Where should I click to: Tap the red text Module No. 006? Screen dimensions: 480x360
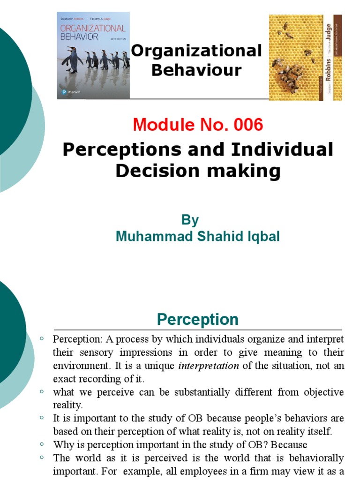pos(197,125)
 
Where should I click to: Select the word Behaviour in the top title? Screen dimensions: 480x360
pos(197,70)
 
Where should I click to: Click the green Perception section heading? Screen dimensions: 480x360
pos(197,320)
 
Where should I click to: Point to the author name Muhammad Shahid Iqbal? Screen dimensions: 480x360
pos(197,237)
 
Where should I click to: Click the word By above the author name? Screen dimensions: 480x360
pos(190,220)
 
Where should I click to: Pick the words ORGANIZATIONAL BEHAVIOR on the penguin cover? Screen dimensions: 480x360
pos(92,32)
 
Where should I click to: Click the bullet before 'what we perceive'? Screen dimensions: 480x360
pos(42,391)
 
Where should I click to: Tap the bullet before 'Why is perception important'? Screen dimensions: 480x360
pos(42,443)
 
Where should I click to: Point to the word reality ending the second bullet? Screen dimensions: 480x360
pos(67,405)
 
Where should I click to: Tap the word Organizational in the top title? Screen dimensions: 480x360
pos(196,51)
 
